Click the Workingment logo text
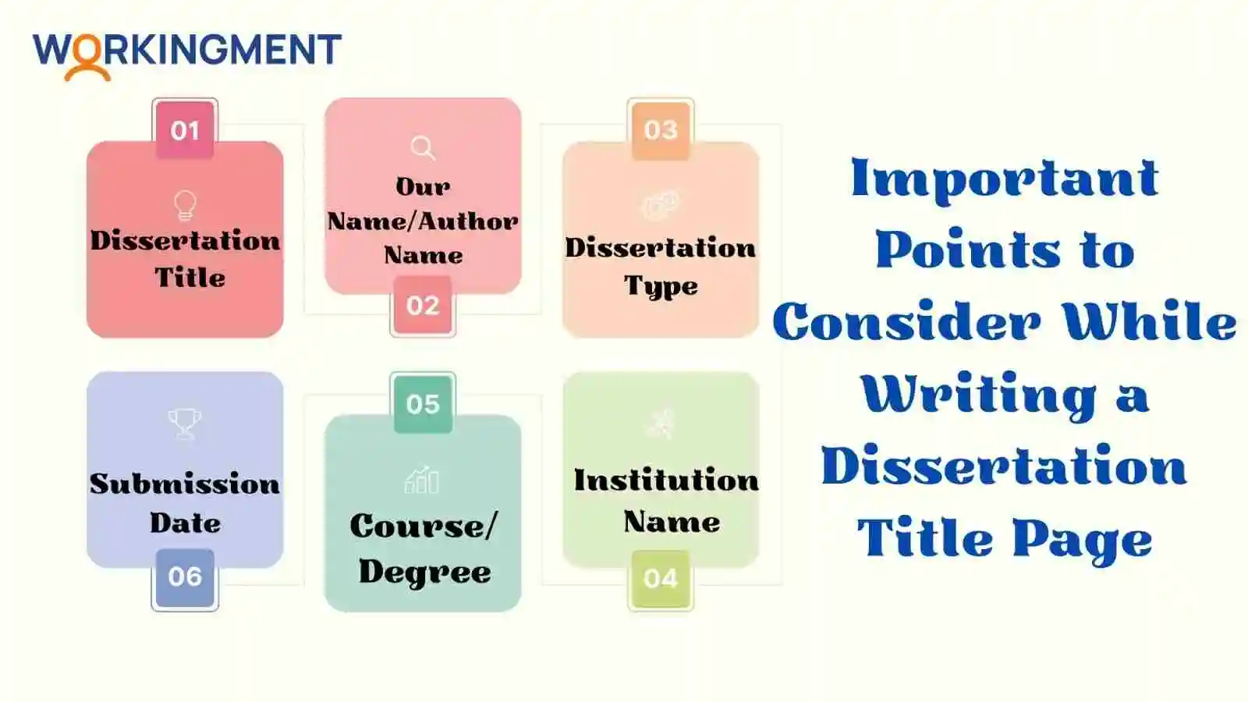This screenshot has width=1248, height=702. (187, 49)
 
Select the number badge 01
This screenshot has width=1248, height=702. (185, 130)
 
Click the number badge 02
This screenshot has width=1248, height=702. (423, 305)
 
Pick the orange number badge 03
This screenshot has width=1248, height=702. (661, 130)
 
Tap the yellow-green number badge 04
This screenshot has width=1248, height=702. (661, 578)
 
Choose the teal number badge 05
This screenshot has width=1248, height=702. (423, 404)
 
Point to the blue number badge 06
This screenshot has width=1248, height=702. (185, 576)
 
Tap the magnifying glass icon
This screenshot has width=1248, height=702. (423, 147)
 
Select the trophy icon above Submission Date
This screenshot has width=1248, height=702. (184, 424)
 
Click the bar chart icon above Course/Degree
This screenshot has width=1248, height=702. (422, 480)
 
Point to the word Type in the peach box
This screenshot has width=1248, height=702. (661, 285)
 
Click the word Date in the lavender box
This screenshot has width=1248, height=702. (186, 523)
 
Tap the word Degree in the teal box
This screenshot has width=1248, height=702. (425, 573)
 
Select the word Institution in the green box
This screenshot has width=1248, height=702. (666, 480)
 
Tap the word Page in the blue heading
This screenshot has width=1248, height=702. (1083, 539)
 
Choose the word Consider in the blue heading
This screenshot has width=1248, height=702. (906, 322)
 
